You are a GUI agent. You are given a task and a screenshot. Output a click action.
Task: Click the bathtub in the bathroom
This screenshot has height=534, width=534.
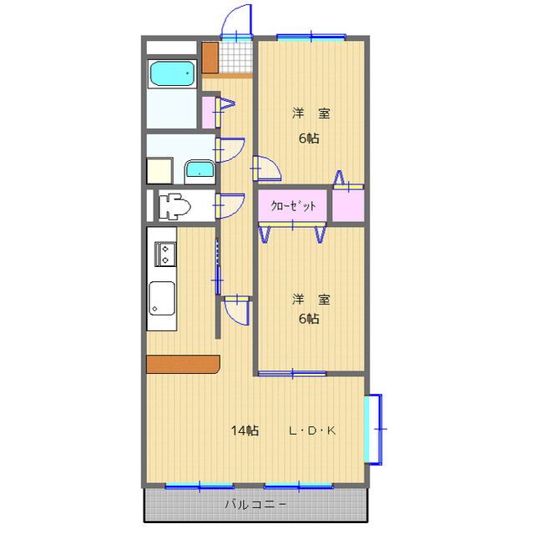[x=172, y=74]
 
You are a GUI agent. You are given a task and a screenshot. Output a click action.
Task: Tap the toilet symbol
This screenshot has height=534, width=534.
[x=175, y=204]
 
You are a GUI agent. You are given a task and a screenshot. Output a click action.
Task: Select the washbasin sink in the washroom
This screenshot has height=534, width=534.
[x=199, y=170]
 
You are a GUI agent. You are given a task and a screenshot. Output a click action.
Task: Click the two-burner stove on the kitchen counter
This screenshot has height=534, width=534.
[x=164, y=253]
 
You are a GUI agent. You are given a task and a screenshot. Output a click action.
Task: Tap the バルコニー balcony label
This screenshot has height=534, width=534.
[x=256, y=505]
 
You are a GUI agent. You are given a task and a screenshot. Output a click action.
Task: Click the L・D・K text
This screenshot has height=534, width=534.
[x=311, y=431]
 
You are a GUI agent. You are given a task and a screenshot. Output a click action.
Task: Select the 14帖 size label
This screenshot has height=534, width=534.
[x=245, y=431]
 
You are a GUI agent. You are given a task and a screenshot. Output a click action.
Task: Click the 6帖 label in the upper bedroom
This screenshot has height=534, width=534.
[x=310, y=139]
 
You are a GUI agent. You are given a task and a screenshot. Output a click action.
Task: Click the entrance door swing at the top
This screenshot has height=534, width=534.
[x=239, y=20]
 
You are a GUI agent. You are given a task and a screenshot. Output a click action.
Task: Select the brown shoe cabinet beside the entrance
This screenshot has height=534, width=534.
[x=209, y=57]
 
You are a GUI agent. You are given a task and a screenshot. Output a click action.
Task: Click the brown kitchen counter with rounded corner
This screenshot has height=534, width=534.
[x=183, y=364]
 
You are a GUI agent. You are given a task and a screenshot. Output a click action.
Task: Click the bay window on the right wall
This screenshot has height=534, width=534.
[x=375, y=427]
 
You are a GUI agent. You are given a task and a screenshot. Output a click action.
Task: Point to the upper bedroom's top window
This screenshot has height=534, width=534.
[x=310, y=37]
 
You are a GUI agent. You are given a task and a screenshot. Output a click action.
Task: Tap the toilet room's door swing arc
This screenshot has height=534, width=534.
[x=229, y=204]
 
